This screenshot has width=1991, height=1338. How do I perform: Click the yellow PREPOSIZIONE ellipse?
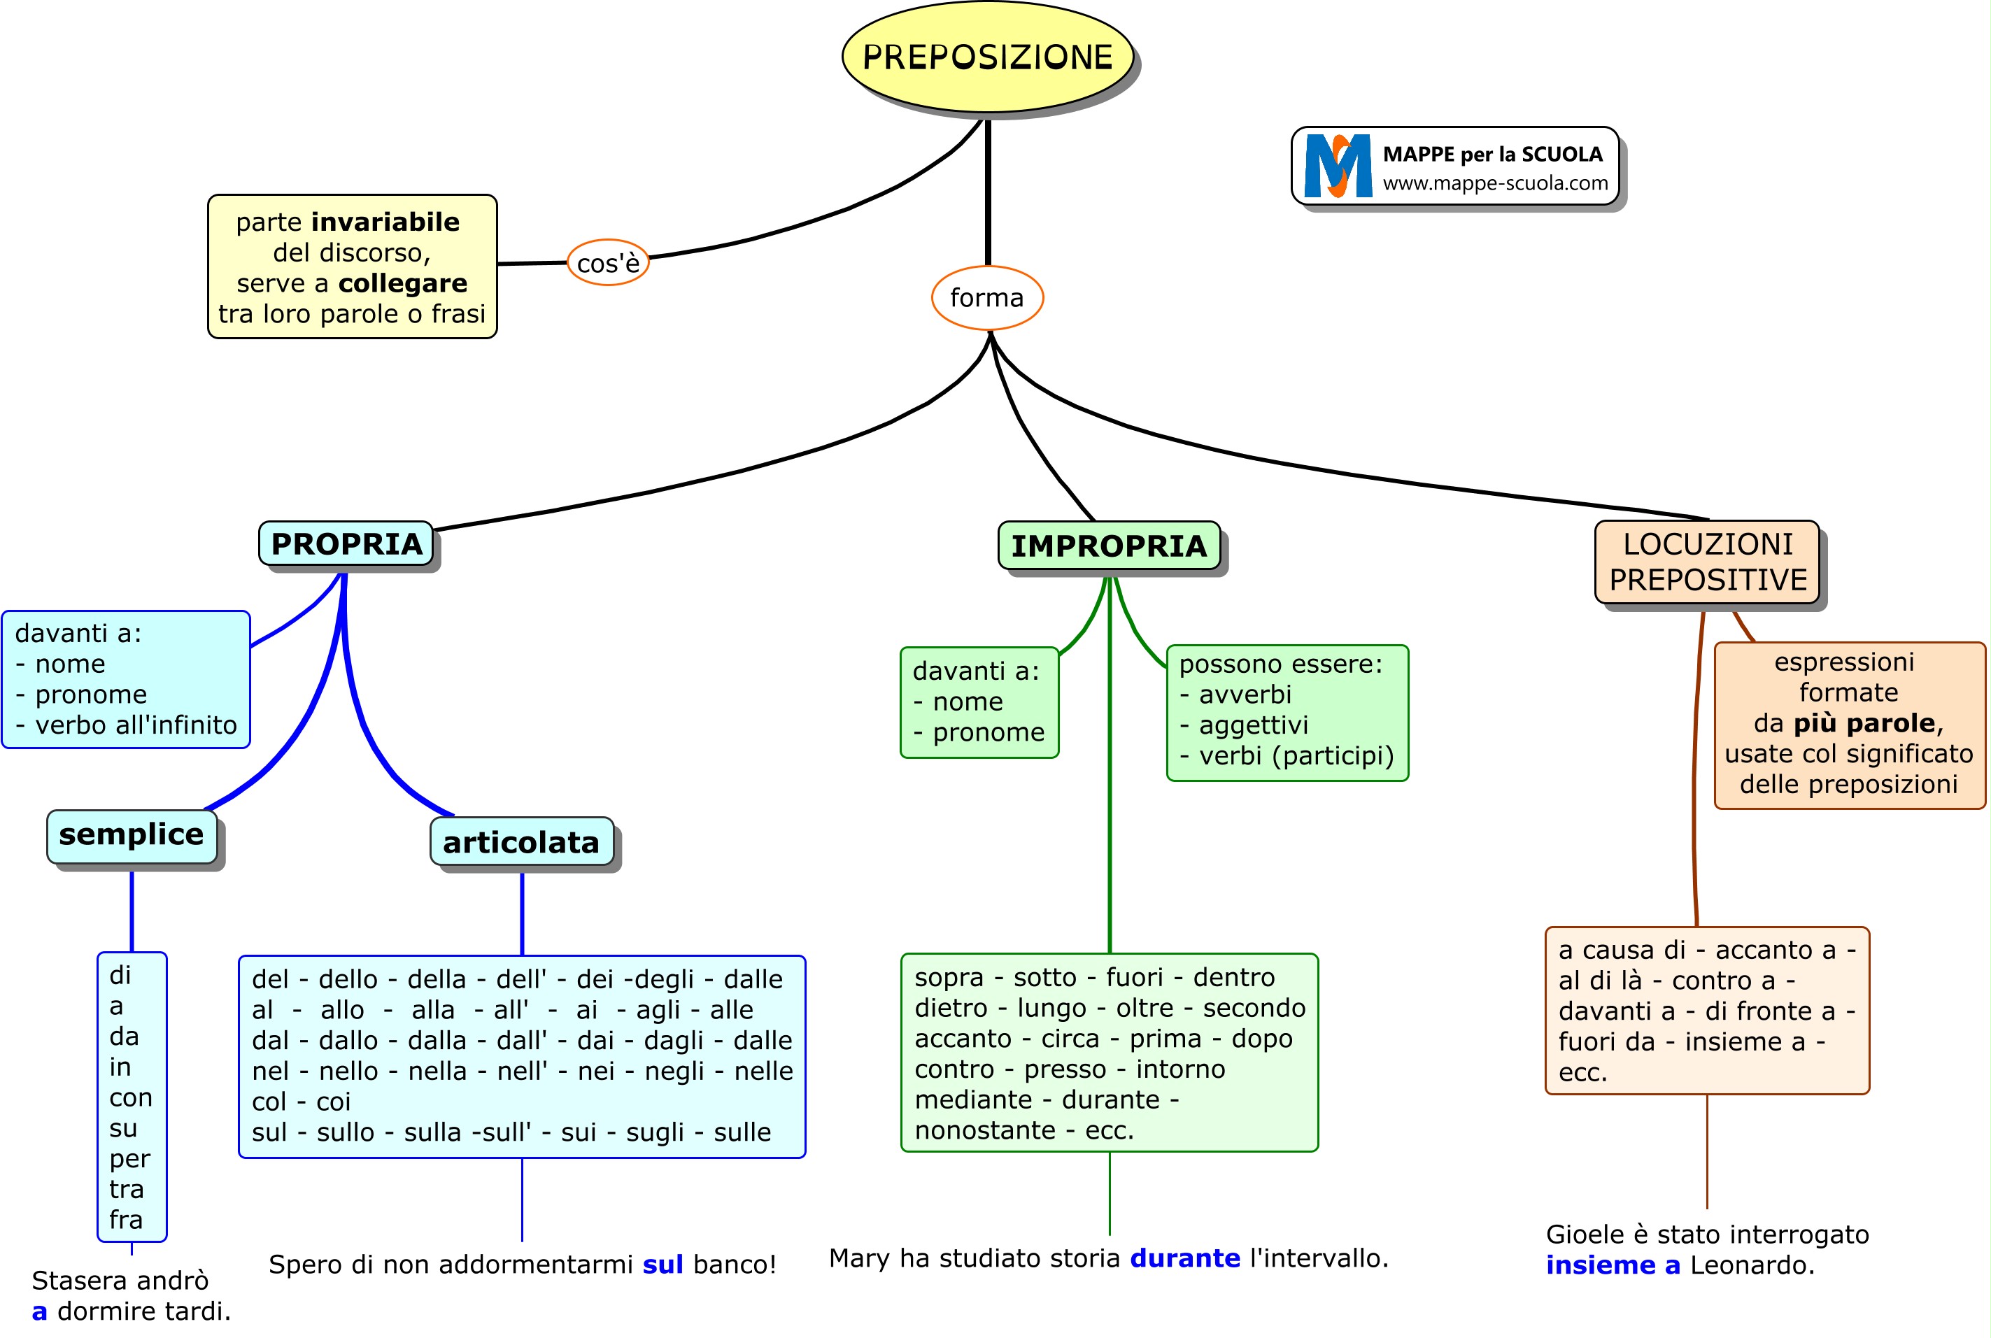point(987,57)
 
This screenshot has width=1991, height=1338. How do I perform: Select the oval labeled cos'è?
point(608,263)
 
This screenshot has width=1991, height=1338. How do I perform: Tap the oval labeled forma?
point(986,298)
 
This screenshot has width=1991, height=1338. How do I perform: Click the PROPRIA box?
point(346,543)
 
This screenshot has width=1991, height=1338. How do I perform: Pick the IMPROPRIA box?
point(1109,546)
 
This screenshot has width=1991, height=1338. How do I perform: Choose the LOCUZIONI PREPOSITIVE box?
point(1707,562)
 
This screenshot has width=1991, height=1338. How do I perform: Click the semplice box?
point(132,834)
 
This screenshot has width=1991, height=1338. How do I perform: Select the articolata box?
point(520,842)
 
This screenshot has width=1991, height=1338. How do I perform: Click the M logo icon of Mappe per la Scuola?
point(1338,166)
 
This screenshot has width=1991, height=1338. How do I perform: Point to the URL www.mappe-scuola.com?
point(1495,183)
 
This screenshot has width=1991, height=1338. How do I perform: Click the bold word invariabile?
point(385,222)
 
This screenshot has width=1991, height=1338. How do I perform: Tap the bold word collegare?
point(403,283)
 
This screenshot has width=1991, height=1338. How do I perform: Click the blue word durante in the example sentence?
point(1184,1258)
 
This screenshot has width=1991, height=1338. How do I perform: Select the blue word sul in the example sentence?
point(663,1264)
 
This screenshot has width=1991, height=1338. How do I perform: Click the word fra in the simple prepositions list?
point(127,1219)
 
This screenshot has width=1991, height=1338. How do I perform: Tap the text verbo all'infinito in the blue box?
point(136,725)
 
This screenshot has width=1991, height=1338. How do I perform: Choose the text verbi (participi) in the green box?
point(1296,755)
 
